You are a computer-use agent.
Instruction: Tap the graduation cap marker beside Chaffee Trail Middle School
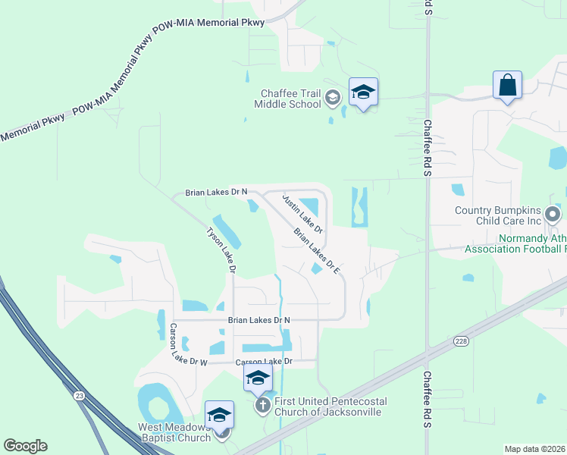363,93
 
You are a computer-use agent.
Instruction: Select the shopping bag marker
507,85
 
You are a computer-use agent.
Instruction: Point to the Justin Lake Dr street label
302,213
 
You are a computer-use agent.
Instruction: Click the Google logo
25,446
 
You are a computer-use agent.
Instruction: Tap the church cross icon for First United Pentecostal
262,405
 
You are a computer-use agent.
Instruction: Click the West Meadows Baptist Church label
174,432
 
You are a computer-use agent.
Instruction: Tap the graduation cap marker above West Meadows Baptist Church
219,414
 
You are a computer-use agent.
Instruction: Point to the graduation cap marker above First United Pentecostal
258,377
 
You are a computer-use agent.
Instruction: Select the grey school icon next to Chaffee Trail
332,97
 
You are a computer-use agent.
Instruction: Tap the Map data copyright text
534,449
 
